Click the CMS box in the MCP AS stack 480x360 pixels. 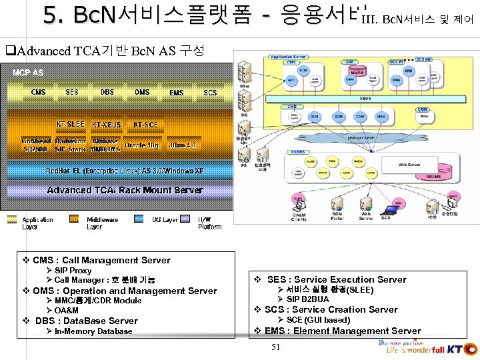(38, 92)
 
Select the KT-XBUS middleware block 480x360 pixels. (107, 125)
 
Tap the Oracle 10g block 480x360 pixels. (141, 145)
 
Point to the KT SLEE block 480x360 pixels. (70, 124)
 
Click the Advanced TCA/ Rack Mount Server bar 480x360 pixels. (125, 190)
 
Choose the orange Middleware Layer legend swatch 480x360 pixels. (77, 219)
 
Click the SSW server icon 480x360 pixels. (245, 72)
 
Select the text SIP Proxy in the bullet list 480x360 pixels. (73, 271)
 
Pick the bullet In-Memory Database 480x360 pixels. (93, 331)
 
